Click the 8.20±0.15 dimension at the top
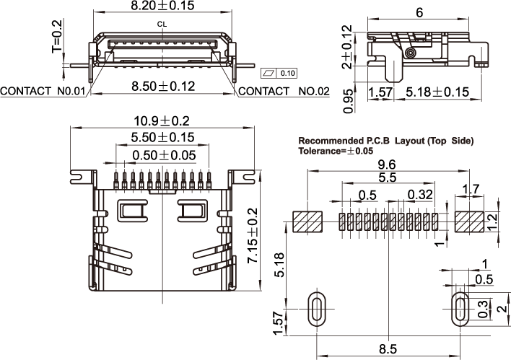point(163,6)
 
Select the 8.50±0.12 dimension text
point(164,86)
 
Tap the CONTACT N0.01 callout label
point(43,92)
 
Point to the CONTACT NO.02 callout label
point(283,92)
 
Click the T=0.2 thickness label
point(57,38)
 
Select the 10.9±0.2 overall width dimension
point(161,120)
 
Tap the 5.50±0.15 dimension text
point(163,137)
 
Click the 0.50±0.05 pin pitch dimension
point(163,154)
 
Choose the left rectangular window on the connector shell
point(133,211)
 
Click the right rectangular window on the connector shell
point(193,211)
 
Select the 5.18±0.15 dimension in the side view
point(437,92)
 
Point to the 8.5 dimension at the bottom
point(388,349)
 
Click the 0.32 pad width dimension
point(420,195)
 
